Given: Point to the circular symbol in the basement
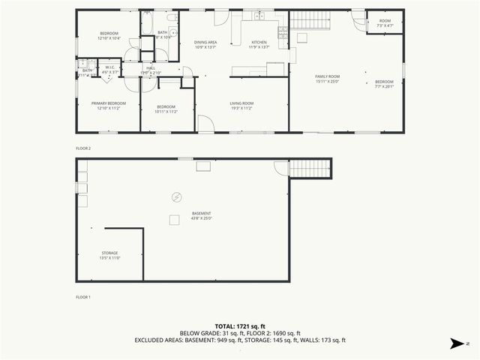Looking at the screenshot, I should click(x=176, y=197).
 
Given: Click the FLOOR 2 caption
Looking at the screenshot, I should click(x=83, y=148).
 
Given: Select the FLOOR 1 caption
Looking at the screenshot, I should click(x=83, y=297).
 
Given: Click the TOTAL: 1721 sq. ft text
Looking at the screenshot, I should click(x=240, y=326).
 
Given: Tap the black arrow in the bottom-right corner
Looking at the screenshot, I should click(x=455, y=343).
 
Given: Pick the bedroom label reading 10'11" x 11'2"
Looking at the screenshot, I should click(x=166, y=109).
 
